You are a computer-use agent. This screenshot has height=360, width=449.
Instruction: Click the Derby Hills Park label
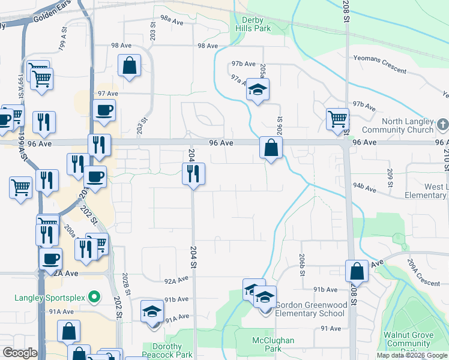(x=252, y=24)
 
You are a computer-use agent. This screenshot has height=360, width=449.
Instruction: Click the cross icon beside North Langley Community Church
(x=442, y=125)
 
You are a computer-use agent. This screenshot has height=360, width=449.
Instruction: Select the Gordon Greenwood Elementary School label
(x=311, y=309)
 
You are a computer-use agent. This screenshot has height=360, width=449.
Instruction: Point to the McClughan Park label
(x=273, y=344)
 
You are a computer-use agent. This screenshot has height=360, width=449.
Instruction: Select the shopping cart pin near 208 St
(x=337, y=119)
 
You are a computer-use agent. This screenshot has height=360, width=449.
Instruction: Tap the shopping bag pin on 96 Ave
(x=271, y=146)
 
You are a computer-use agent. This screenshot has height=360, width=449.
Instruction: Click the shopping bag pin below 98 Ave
(x=129, y=66)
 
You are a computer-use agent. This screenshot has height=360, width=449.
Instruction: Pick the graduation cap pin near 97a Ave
(x=258, y=90)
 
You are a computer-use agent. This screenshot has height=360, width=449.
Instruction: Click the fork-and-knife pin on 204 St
(x=193, y=174)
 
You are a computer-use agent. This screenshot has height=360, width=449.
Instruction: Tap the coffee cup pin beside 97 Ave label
(x=104, y=111)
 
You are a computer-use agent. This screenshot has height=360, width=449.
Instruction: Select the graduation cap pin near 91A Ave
(x=152, y=311)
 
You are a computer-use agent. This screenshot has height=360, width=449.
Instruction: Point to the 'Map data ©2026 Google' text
(x=411, y=355)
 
